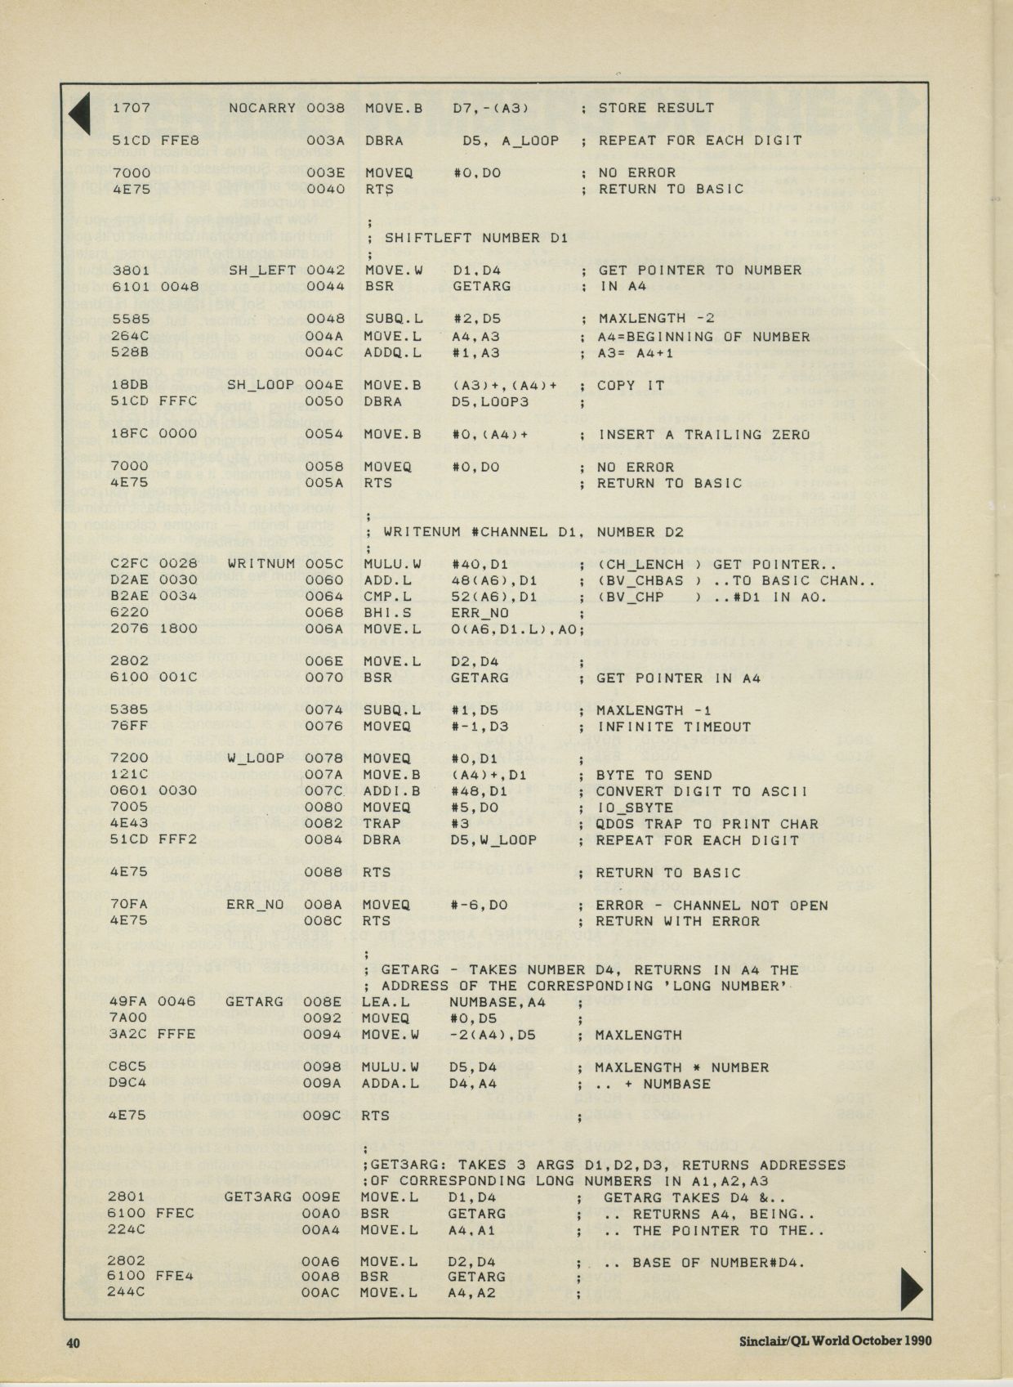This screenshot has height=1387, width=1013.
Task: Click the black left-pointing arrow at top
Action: [x=79, y=114]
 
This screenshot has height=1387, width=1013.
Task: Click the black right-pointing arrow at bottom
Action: [x=910, y=1289]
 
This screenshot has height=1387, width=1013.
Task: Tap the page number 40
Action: [x=74, y=1341]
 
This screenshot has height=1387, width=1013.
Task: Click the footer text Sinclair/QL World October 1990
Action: [x=835, y=1340]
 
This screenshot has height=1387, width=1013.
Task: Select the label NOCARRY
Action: [x=261, y=108]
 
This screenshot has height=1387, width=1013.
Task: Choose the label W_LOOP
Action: [x=256, y=758]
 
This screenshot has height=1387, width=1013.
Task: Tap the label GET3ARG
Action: [x=257, y=1197]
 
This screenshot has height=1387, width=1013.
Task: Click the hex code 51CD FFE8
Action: [x=155, y=141]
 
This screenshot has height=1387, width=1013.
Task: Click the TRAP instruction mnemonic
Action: [x=381, y=823]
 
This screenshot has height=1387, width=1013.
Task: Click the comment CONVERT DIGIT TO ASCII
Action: [x=702, y=791]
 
